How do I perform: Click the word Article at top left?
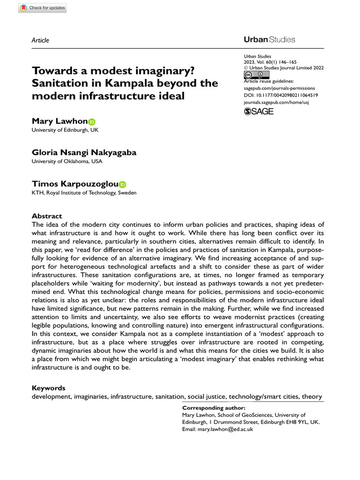click(40, 40)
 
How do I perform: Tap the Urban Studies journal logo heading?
click(269, 39)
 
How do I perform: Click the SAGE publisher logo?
click(259, 111)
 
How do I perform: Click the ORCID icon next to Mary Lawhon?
click(91, 122)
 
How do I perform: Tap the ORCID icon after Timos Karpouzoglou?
click(122, 185)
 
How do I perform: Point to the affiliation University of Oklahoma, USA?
click(67, 162)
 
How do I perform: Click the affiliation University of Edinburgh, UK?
click(65, 130)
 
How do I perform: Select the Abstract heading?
click(46, 216)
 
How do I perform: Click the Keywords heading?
click(48, 388)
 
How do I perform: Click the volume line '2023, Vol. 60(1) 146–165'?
click(270, 62)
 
